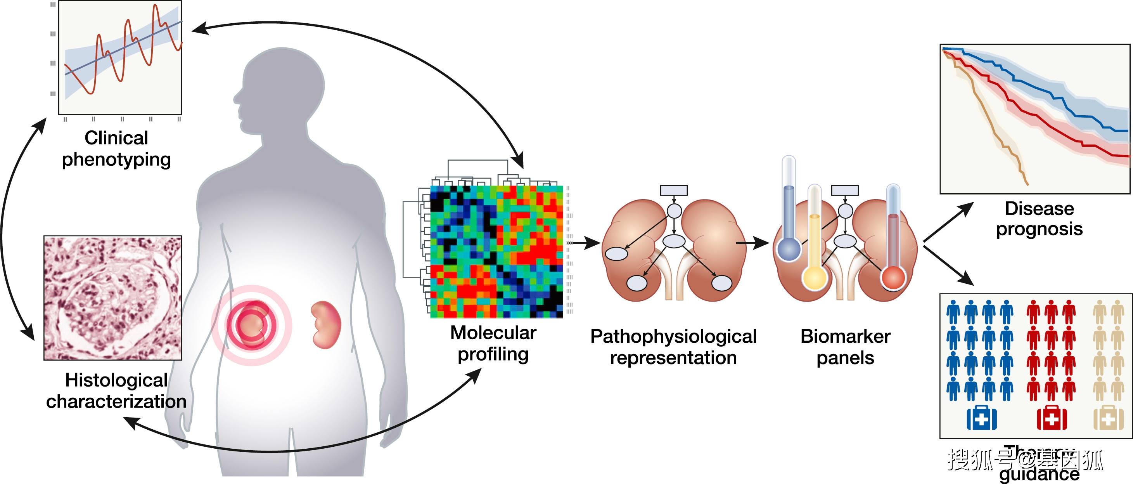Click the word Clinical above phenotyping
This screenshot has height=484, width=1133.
tap(116, 138)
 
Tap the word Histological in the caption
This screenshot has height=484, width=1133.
tap(116, 380)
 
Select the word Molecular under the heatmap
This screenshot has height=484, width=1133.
tap(493, 333)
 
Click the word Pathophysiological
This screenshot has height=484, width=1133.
tap(673, 337)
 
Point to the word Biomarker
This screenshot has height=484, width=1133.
tap(845, 337)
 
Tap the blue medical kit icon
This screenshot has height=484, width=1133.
tap(981, 418)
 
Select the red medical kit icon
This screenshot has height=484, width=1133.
tap(1052, 418)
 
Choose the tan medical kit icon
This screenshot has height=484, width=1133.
tap(1109, 418)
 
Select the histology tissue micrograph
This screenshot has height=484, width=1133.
tap(112, 298)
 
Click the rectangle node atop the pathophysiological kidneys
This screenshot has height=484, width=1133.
tap(673, 191)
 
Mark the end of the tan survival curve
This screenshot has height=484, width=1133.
tap(1027, 184)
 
